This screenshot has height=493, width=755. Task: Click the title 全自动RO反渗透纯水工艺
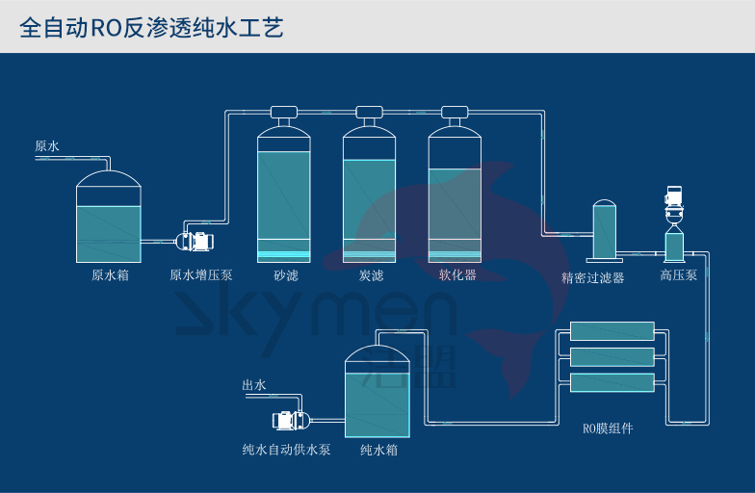pyautogui.click(x=151, y=27)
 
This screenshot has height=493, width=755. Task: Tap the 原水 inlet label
pyautogui.click(x=47, y=146)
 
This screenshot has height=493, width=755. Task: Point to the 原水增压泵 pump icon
pyautogui.click(x=195, y=243)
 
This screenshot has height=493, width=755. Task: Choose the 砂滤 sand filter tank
pyautogui.click(x=284, y=197)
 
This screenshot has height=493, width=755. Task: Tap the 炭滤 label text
pyautogui.click(x=372, y=275)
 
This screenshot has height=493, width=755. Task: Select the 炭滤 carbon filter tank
pyautogui.click(x=370, y=197)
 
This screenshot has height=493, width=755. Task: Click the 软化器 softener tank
pyautogui.click(x=455, y=197)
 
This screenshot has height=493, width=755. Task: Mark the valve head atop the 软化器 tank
pyautogui.click(x=455, y=112)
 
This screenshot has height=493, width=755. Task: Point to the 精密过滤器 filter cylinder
pyautogui.click(x=604, y=231)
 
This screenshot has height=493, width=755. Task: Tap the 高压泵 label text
pyautogui.click(x=678, y=275)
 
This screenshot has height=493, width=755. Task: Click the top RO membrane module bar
pyautogui.click(x=612, y=331)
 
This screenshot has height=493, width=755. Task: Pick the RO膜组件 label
pyautogui.click(x=609, y=428)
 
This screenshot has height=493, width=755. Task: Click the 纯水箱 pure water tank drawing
pyautogui.click(x=377, y=393)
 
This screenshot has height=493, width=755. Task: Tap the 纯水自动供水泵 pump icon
pyautogui.click(x=290, y=421)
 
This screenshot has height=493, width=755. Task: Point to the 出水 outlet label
pyautogui.click(x=254, y=385)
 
